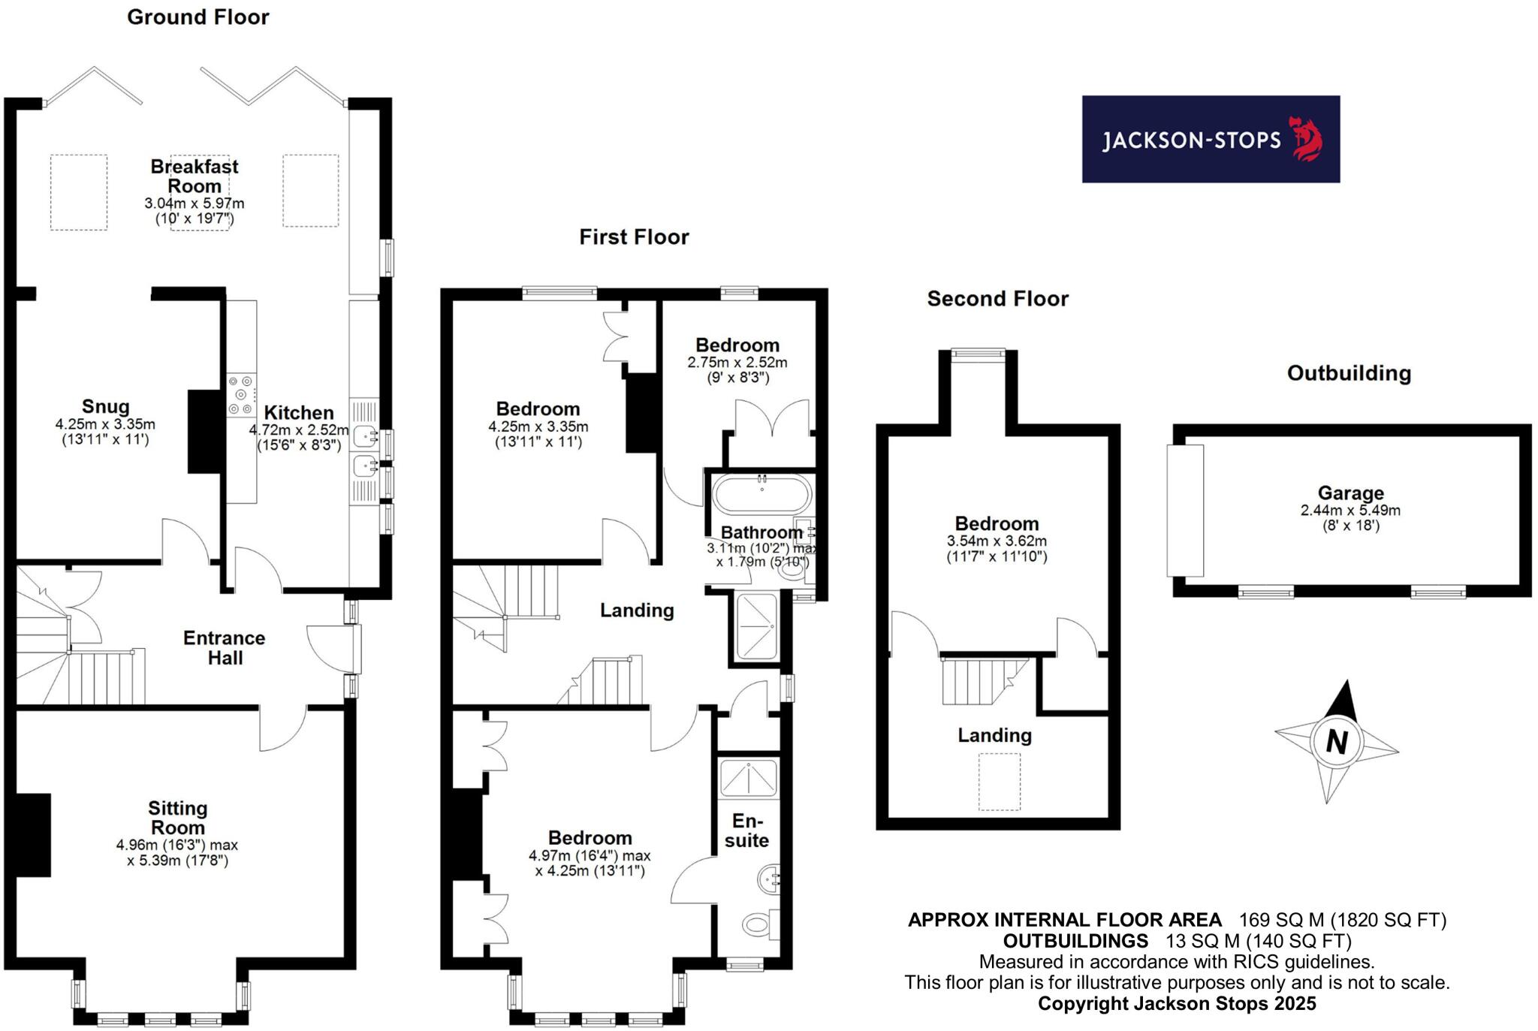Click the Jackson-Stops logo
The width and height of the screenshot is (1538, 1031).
(x=1210, y=139)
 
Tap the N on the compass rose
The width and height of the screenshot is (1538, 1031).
(x=1336, y=742)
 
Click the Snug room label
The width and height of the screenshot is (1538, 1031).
(x=105, y=407)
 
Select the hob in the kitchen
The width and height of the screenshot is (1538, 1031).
(x=242, y=395)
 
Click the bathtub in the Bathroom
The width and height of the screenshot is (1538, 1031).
(x=761, y=493)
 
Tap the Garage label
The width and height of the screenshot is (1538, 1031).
(x=1350, y=493)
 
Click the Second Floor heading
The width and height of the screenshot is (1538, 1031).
(x=997, y=299)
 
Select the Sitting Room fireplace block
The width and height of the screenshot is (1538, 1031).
(x=32, y=834)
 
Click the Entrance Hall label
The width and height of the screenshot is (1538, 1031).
(x=225, y=648)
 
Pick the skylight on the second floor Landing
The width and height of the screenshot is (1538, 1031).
(x=999, y=782)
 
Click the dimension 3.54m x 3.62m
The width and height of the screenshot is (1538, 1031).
(x=997, y=541)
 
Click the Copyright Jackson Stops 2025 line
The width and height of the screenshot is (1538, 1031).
(x=1177, y=1003)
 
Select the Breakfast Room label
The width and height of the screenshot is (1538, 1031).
(x=195, y=176)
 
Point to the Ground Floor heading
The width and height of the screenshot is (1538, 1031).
(x=198, y=17)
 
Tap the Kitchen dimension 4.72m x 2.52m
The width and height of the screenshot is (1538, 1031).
(x=299, y=430)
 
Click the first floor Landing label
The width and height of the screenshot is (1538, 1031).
(x=637, y=610)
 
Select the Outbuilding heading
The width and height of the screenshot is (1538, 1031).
(x=1349, y=373)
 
